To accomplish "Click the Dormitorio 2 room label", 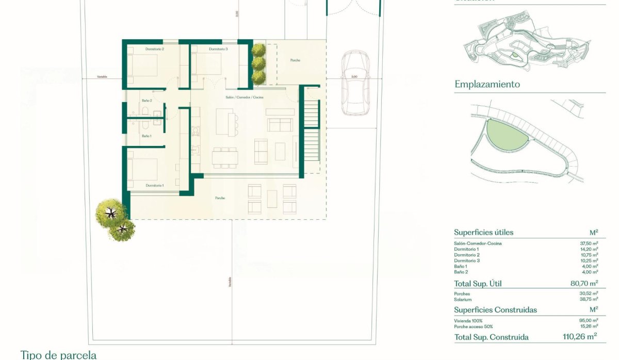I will point(155,49).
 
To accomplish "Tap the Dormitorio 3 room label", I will point(218,49).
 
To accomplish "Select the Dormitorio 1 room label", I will point(155,185).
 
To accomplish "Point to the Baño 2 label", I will point(146,101).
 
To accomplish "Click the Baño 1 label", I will point(146,136).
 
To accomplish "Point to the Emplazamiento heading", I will point(487,84).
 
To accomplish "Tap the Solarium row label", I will point(463,300).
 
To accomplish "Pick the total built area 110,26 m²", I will point(579,337).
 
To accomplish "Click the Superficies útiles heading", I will point(483,233).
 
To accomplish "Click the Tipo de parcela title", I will point(58,355).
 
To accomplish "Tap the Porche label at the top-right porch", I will point(295,60).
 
